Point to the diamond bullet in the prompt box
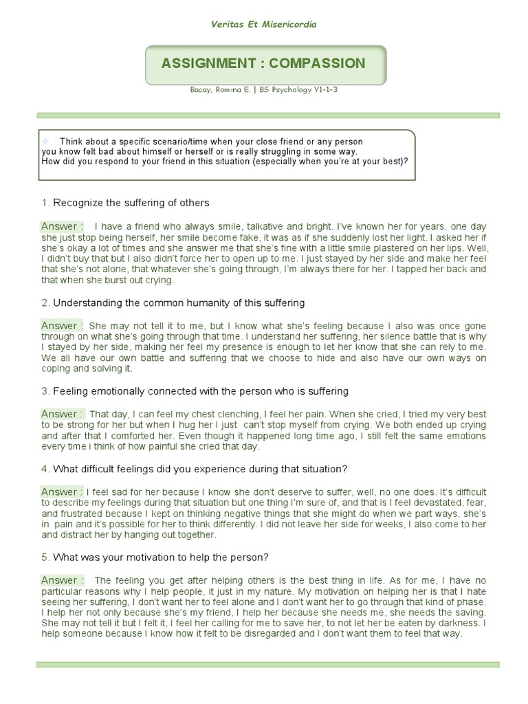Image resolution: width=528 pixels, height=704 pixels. click(x=46, y=141)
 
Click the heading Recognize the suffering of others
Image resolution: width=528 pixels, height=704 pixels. click(x=131, y=203)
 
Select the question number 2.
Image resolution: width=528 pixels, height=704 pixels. click(x=45, y=302)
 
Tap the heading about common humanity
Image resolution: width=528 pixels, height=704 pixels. click(x=179, y=302)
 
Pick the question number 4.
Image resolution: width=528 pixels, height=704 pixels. click(x=45, y=469)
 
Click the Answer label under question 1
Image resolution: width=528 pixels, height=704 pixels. click(x=62, y=226)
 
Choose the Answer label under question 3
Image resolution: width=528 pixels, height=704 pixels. click(x=62, y=414)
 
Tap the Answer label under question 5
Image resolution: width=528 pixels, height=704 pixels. click(x=62, y=580)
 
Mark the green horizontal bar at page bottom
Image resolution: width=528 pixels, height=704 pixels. click(x=267, y=665)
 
